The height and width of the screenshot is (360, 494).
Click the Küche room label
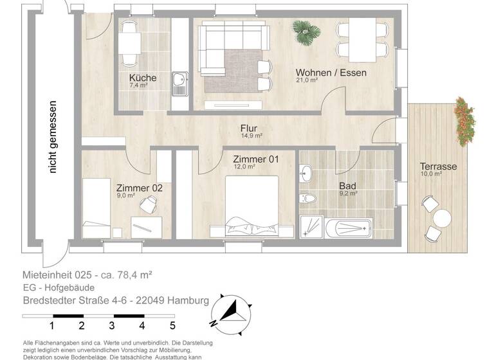click(x=143, y=78)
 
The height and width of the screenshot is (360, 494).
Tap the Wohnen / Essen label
click(x=331, y=73)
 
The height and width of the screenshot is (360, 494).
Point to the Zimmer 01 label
click(x=255, y=159)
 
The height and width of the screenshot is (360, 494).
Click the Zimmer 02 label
click(x=139, y=188)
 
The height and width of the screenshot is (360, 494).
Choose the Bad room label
click(x=348, y=186)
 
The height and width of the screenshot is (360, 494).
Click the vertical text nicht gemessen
click(x=54, y=137)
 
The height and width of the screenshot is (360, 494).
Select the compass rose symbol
click(x=230, y=311)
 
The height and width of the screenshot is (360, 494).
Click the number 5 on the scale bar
click(x=172, y=325)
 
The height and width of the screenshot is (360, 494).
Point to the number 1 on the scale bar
click(x=51, y=325)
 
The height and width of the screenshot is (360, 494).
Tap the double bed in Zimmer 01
click(x=252, y=208)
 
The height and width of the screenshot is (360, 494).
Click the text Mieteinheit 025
click(x=59, y=274)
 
